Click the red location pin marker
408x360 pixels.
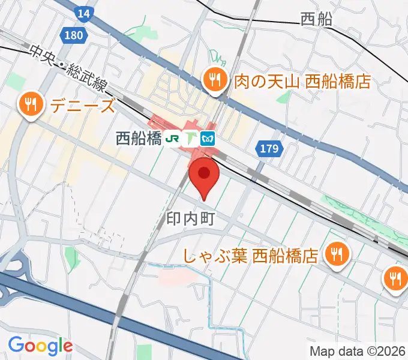[x=204, y=175]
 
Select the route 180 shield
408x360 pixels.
[x=73, y=35]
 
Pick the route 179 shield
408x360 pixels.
[x=269, y=148]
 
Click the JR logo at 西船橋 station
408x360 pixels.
[x=173, y=139]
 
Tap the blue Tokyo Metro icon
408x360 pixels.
[x=208, y=139]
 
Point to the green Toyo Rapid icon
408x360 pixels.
[x=191, y=139]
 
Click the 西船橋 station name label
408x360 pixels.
[x=139, y=139]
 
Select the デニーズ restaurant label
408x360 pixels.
[x=82, y=106]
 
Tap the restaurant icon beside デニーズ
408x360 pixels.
[x=29, y=105]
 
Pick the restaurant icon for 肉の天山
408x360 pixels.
[x=213, y=79]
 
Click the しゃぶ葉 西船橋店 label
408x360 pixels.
[x=250, y=257]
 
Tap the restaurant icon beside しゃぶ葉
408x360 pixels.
[x=335, y=255]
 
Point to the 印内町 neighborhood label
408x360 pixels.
[x=190, y=218]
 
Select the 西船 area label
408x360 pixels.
[x=316, y=20]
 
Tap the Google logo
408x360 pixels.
[x=40, y=346]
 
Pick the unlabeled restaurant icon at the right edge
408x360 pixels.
[x=395, y=278]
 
